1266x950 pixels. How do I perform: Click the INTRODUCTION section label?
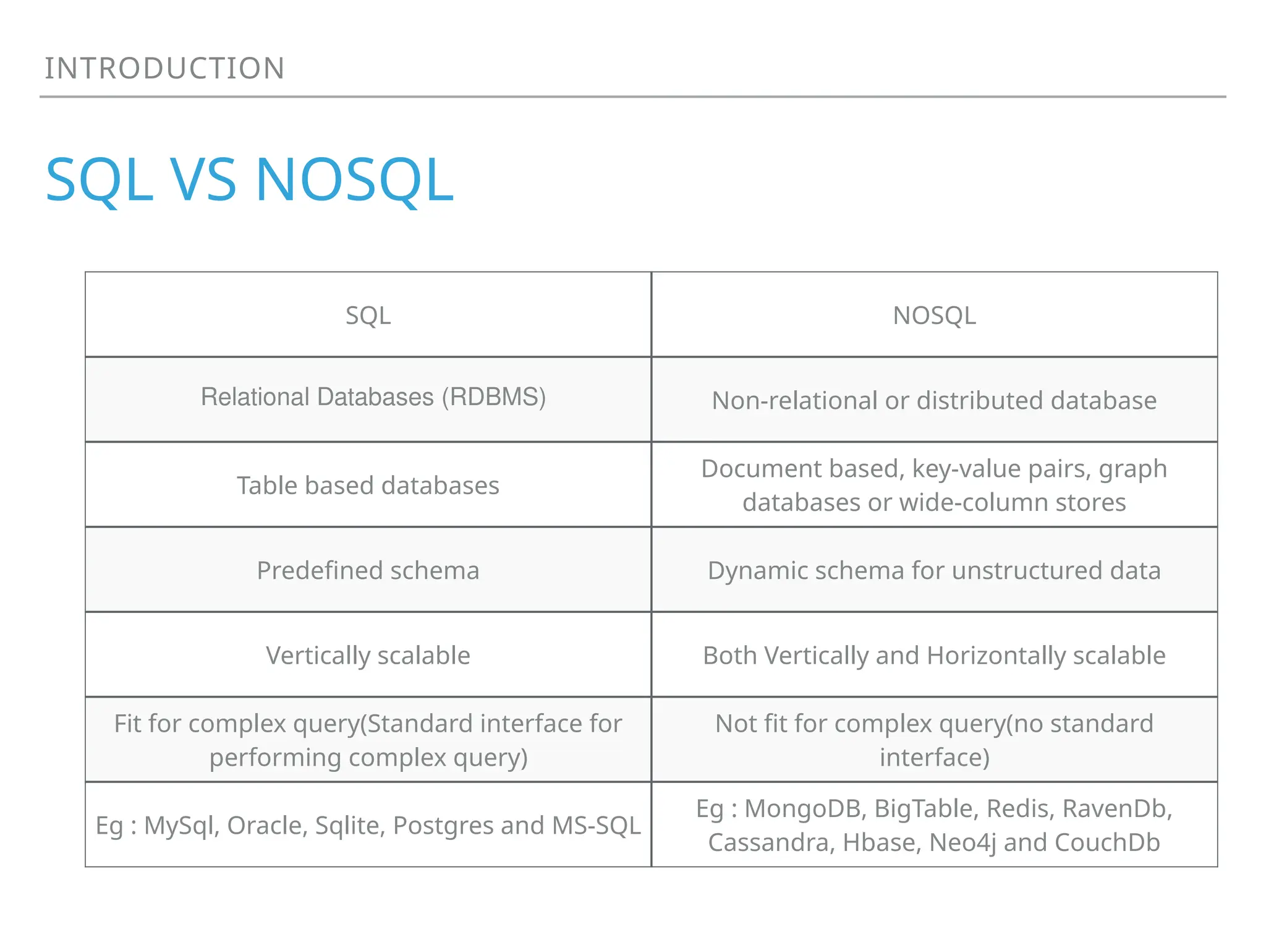164,68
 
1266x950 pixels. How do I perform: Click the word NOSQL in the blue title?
354,180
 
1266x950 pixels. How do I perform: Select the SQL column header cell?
368,315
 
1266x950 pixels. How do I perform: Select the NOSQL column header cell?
934,315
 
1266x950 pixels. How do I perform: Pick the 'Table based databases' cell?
368,486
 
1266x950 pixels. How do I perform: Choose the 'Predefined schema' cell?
368,570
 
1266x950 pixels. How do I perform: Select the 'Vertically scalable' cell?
368,656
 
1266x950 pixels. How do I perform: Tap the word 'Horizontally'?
996,656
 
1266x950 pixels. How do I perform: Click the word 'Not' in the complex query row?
734,724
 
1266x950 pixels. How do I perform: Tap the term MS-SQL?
596,826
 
